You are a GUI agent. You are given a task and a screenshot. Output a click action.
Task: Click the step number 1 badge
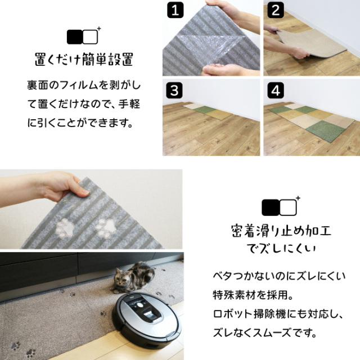click(175, 10)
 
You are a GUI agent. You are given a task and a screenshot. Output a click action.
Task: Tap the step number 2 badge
click(276, 10)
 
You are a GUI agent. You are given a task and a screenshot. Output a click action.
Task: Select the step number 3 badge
click(174, 90)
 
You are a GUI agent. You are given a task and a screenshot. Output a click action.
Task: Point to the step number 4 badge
click(276, 90)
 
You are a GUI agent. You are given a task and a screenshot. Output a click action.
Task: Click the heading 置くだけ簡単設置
click(84, 60)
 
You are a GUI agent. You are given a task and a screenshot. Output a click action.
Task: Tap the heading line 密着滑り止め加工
click(281, 231)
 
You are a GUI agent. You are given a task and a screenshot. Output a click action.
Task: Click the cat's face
click(121, 278)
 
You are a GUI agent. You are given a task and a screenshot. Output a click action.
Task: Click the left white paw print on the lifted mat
click(65, 228)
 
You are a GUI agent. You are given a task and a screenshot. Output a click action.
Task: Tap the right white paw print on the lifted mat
click(105, 227)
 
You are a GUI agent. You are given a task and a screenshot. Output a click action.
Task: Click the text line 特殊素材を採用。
click(253, 295)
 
